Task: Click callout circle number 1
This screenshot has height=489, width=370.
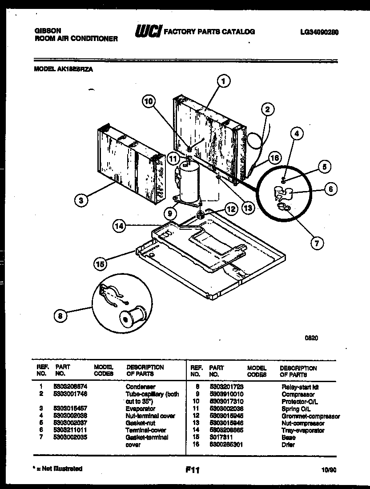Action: [x=225, y=81]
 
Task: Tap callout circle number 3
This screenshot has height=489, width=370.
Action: [x=81, y=200]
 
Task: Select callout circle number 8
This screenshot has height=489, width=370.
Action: [x=61, y=316]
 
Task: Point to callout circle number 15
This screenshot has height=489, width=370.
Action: [x=101, y=263]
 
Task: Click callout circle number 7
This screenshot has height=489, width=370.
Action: [x=316, y=243]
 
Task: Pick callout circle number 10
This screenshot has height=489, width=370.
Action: [x=150, y=102]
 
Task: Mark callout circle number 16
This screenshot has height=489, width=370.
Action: [x=275, y=158]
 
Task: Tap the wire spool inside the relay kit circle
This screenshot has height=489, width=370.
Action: [x=133, y=317]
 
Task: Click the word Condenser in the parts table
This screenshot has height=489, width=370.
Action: [x=140, y=387]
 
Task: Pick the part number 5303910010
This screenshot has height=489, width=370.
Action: [x=226, y=395]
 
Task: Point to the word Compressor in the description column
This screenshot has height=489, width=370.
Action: [x=298, y=395]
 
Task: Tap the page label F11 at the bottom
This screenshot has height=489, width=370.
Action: [x=193, y=469]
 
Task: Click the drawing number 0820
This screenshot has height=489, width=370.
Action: [x=311, y=338]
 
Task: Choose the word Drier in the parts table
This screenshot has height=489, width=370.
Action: [x=288, y=444]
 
